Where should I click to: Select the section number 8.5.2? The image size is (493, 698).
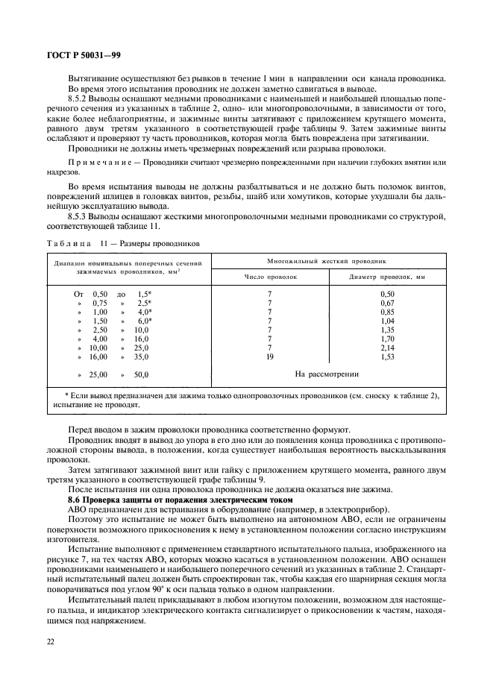pos(79,98)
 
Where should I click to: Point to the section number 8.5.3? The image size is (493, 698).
pos(79,216)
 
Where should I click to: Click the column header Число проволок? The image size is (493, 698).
pos(270,277)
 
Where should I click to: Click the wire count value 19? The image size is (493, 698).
pos(270,357)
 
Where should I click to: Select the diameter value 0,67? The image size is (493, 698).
pos(386,304)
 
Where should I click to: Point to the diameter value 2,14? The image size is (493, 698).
pos(386,348)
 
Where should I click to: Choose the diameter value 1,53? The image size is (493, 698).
pos(386,357)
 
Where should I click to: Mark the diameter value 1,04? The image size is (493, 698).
pos(386,321)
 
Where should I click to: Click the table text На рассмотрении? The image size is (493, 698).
pos(327,374)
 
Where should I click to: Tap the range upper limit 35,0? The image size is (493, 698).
pos(141,357)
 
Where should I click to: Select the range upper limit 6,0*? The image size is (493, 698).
pos(144,321)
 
